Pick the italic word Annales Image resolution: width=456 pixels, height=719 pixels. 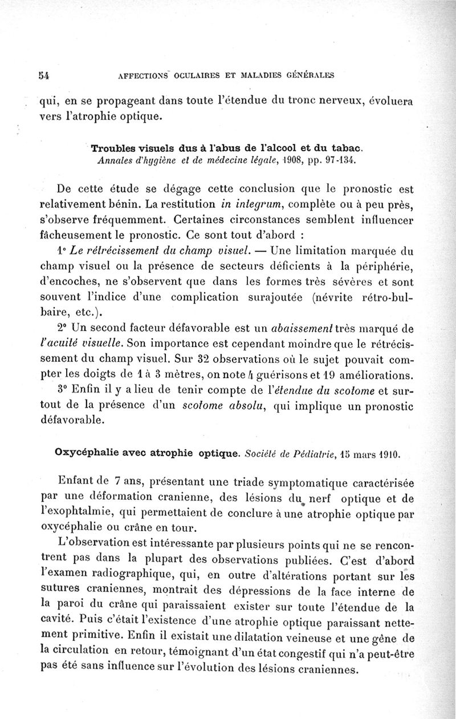point(115,161)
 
